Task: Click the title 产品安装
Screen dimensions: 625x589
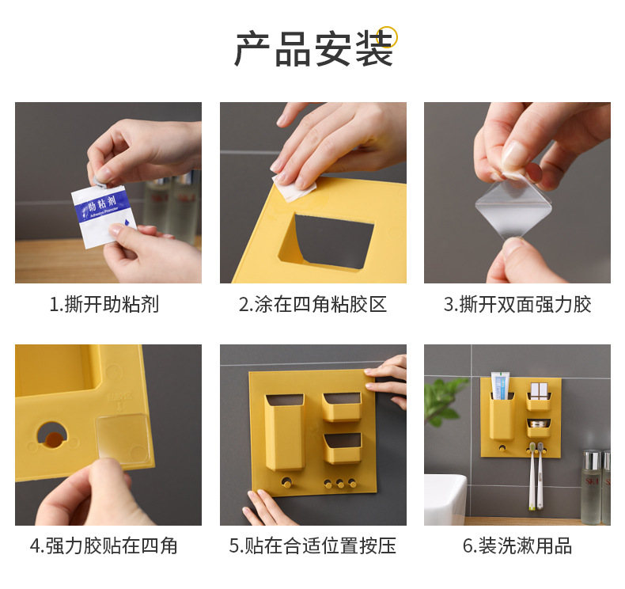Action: coord(314,48)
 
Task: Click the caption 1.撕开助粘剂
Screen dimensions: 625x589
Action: coord(104,304)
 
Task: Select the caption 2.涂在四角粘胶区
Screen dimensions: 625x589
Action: coord(313,304)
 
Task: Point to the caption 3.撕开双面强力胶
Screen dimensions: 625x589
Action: coord(517,304)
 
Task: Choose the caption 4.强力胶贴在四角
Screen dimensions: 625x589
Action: coord(104,545)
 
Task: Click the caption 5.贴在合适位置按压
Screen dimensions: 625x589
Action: coord(312,545)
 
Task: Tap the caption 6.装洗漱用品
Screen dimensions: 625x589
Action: coord(517,545)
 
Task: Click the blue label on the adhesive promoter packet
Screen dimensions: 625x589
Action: coord(103,207)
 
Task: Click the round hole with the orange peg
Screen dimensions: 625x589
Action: coord(52,435)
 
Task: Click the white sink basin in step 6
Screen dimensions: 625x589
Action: coord(445,500)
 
